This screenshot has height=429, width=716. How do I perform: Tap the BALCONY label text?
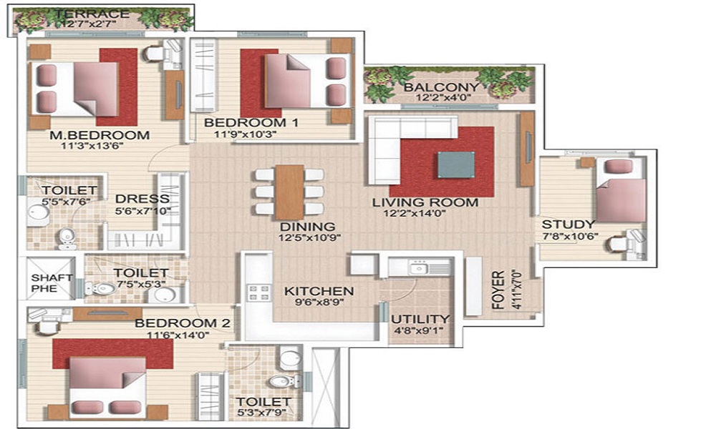coord(442,87)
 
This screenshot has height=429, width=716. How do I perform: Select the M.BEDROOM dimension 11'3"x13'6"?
coord(92,146)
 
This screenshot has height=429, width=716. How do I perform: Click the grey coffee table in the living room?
coord(455,164)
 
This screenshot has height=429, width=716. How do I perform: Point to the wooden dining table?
coord(289,192)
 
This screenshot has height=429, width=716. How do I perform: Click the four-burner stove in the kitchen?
coord(259,292)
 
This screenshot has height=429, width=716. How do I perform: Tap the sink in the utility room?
coord(419,268)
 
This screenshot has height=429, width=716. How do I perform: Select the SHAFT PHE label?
coord(44,282)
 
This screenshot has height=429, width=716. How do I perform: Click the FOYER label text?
coord(498,290)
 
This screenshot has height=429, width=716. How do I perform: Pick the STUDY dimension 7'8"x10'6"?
coord(570,236)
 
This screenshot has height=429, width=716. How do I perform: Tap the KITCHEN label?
coord(319,291)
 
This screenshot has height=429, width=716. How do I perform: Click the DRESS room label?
coord(142,199)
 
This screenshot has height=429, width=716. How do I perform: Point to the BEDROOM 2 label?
coord(182,323)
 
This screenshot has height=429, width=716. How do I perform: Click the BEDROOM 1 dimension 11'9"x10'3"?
coord(246,134)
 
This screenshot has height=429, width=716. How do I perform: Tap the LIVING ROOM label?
coord(425,202)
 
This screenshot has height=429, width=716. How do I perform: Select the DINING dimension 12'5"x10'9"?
coord(310,237)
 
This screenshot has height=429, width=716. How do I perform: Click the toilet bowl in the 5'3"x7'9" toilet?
coord(281,380)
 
